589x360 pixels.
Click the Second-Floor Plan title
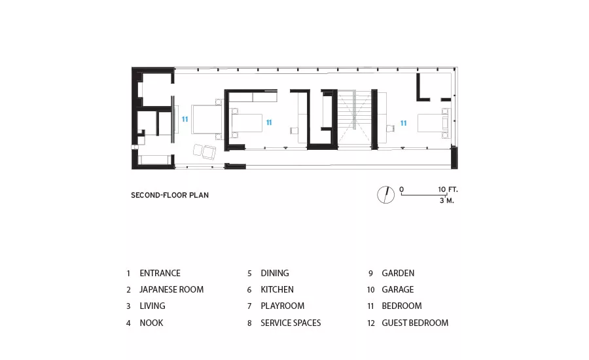pos(170,195)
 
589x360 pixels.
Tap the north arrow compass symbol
pos(385,194)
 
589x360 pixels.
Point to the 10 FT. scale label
pos(448,189)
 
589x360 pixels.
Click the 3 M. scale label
pos(446,201)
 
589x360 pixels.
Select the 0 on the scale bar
pos(402,189)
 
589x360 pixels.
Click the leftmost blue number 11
pos(185,119)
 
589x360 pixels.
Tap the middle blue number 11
pos(269,122)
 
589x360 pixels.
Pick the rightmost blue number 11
pos(403,123)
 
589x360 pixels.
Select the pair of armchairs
pos(205,151)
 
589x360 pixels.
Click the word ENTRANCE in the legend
pos(160,273)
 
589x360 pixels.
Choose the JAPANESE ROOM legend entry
pos(171,290)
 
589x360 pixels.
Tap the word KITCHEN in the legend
pos(277,290)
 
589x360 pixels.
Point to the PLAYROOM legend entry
pos(283,306)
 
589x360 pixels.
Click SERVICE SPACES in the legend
pos(291,323)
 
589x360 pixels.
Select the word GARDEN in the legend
pos(398,273)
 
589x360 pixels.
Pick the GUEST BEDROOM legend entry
pos(415,323)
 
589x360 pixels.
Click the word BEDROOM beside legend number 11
pos(402,306)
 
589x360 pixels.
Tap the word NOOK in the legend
pos(151,323)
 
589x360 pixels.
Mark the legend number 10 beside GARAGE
pos(371,290)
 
